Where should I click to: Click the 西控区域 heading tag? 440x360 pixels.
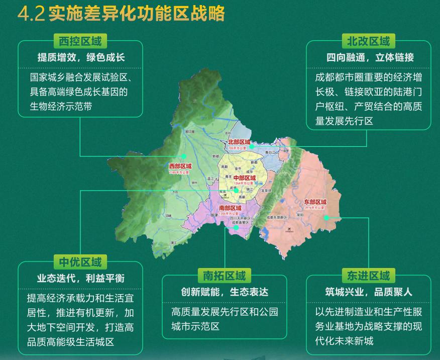(80, 41)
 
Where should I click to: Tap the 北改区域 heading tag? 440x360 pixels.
(368, 41)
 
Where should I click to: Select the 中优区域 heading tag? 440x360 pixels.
(80, 262)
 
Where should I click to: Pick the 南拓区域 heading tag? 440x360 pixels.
(224, 276)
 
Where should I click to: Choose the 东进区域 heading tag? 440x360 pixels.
(368, 276)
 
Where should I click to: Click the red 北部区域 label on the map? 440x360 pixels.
(238, 143)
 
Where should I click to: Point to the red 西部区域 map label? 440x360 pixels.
(180, 166)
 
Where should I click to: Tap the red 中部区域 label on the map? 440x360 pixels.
(245, 178)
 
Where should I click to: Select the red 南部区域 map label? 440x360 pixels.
(230, 208)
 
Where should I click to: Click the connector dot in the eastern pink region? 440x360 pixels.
(326, 218)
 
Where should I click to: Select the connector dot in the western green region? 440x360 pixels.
(184, 156)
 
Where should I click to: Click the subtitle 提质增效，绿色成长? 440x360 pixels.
(81, 57)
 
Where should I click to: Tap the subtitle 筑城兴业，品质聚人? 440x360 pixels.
(368, 292)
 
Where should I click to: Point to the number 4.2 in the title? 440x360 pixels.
(31, 14)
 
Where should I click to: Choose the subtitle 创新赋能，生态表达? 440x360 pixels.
(225, 292)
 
